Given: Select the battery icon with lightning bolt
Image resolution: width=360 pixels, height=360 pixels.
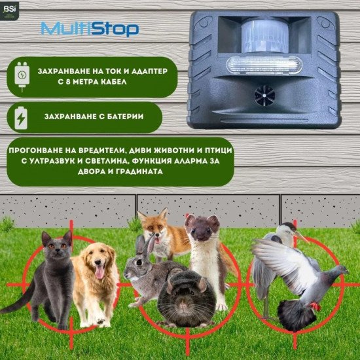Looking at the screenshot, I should pyautogui.click(x=21, y=117).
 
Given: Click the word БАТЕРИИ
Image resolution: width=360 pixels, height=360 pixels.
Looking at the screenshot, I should pyautogui.click(x=122, y=117).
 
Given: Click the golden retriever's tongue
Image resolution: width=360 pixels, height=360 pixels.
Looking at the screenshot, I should pyautogui.click(x=99, y=272).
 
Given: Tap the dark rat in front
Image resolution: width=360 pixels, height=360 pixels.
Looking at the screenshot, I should pyautogui.click(x=187, y=298).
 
